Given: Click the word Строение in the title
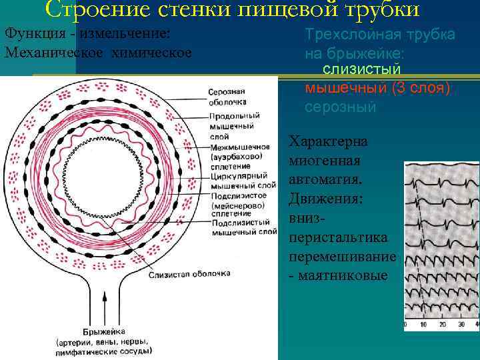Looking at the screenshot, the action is tap(86, 9).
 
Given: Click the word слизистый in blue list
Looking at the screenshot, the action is tap(361, 69).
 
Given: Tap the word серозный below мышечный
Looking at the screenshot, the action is tap(340, 107).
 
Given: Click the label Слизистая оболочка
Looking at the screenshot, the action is tap(190, 273).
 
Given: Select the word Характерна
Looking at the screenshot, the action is tap(327, 142).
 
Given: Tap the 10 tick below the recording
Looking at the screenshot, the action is tap(423, 325).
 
